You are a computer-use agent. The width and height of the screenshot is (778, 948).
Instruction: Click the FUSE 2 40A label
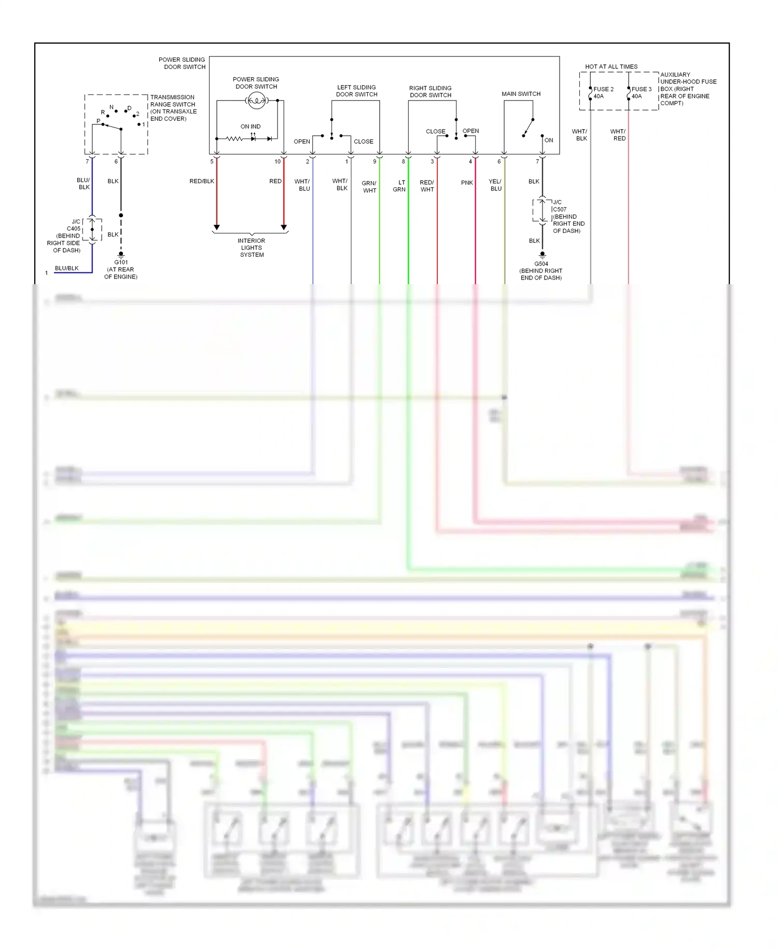coord(603,93)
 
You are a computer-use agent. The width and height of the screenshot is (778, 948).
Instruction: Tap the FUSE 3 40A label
coord(641,93)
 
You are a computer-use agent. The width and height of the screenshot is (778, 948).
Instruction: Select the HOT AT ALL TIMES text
coord(611,67)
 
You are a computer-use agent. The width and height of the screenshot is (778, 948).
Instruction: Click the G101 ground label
coord(121,269)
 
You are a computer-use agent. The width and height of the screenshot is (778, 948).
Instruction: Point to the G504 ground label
coord(541,271)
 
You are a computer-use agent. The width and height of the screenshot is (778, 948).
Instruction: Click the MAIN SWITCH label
coord(521,94)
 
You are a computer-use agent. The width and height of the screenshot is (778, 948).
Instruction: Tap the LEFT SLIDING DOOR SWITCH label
coord(356,91)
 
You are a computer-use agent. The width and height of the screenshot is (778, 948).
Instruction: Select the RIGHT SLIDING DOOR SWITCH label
coord(430,91)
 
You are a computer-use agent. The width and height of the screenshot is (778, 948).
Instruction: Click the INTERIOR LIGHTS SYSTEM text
coord(252,248)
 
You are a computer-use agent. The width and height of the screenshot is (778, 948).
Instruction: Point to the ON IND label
coord(251,127)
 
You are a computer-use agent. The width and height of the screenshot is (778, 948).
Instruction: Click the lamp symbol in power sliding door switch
coord(256,101)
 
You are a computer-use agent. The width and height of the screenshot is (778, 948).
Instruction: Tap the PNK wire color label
coord(467,183)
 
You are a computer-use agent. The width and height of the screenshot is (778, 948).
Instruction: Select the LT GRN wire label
coord(400,186)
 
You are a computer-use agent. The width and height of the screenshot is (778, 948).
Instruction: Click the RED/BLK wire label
coord(202,182)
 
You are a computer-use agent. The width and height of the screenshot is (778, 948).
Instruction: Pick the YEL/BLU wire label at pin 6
coord(495,185)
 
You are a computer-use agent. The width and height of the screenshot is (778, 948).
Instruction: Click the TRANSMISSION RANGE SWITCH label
coord(173,108)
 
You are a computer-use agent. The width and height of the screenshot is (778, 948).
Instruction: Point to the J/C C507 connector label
coord(567,216)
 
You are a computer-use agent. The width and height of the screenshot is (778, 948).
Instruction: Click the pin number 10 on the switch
coord(277,162)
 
